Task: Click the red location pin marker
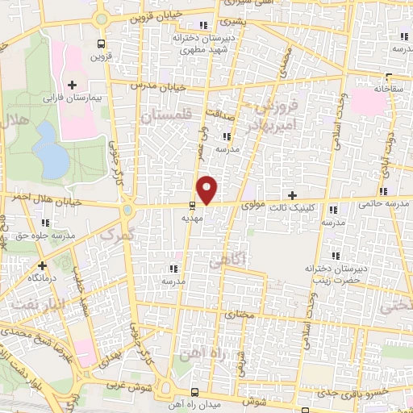click(208, 189)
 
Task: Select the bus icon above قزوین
click(100, 44)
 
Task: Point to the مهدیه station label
click(191, 218)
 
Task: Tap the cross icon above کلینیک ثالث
click(292, 195)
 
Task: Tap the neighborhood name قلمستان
click(169, 118)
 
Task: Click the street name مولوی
click(252, 206)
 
